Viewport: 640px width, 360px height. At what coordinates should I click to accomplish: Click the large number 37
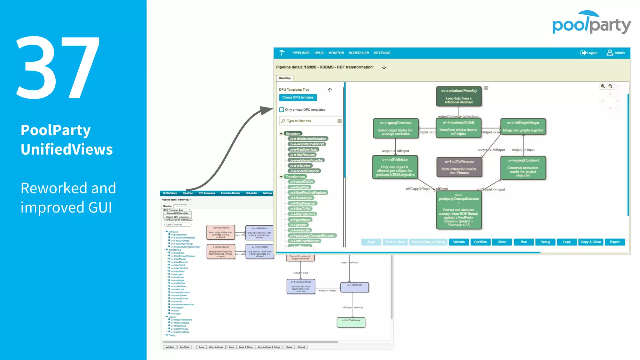(x=58, y=67)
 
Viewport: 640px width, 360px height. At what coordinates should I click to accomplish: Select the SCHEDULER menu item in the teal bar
(x=359, y=53)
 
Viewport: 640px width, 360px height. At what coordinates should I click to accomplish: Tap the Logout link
(x=589, y=53)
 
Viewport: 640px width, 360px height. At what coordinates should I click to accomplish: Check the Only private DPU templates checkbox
(x=282, y=110)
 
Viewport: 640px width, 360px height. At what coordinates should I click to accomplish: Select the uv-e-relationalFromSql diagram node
(x=459, y=96)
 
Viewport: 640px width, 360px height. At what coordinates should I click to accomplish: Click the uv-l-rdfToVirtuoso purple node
(x=459, y=167)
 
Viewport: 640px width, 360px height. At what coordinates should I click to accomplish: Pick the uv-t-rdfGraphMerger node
(x=523, y=127)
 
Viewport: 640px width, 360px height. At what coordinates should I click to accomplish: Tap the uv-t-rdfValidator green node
(x=395, y=167)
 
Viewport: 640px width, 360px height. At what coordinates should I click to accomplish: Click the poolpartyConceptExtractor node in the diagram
(x=459, y=210)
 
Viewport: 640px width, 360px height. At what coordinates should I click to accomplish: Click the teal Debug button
(x=545, y=242)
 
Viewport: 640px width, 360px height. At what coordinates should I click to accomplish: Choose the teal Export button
(x=614, y=242)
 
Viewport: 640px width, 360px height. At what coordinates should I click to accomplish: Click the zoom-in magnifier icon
(x=602, y=86)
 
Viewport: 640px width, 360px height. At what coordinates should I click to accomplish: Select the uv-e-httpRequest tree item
(x=302, y=155)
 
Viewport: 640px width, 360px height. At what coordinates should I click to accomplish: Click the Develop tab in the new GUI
(x=284, y=78)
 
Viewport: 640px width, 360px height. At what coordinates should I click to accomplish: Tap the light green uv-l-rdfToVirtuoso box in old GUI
(x=351, y=322)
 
